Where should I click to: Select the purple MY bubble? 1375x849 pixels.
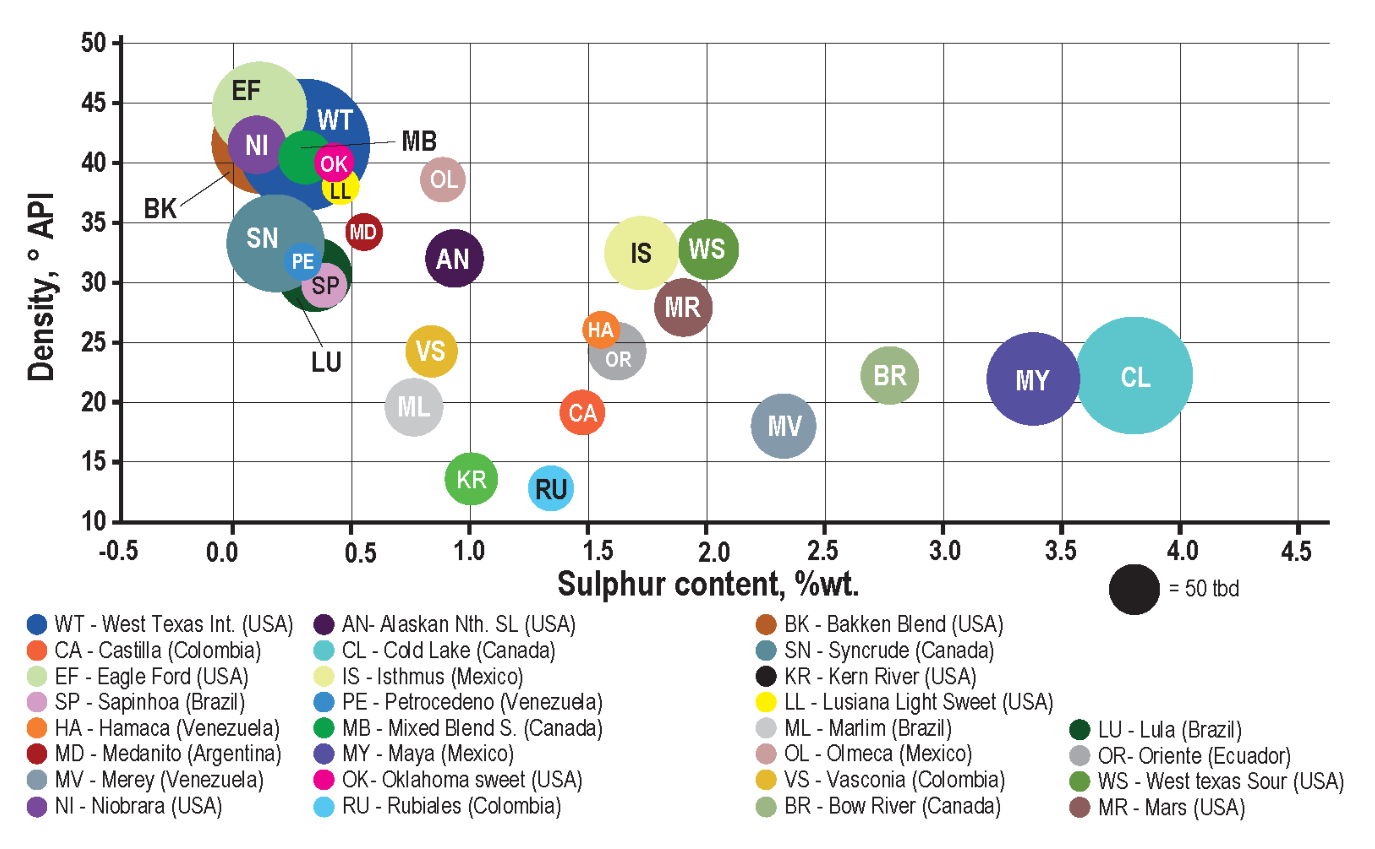point(1032,379)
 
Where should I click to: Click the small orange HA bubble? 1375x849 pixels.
point(601,330)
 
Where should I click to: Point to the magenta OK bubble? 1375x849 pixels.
point(334,163)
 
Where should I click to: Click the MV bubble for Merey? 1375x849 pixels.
point(783,426)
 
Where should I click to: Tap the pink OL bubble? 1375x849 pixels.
point(443,180)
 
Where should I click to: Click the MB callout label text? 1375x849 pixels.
point(419,141)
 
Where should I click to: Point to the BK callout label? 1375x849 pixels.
point(160,209)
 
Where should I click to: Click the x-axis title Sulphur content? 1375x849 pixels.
point(707,584)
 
